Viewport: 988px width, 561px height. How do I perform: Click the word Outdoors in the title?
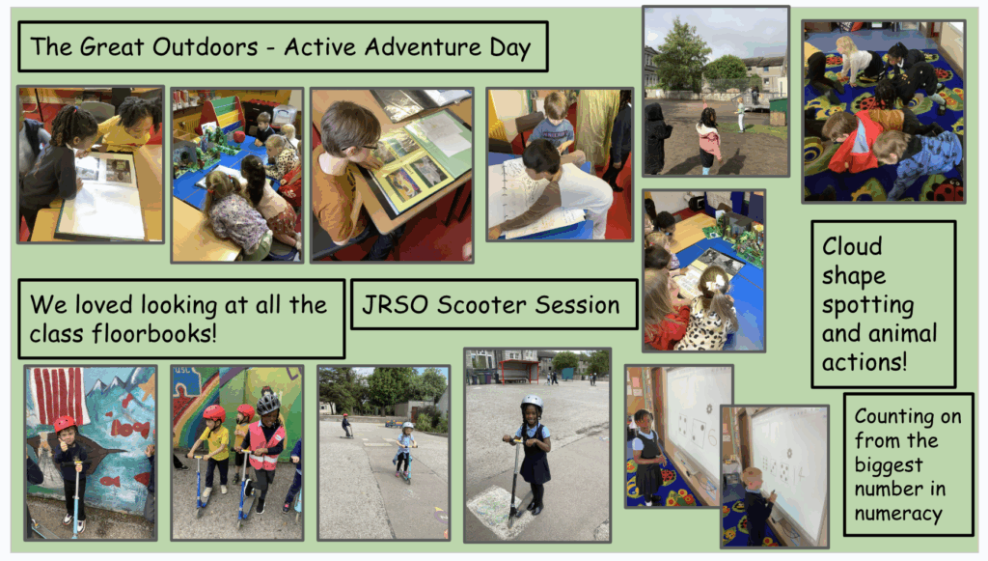pyautogui.click(x=206, y=47)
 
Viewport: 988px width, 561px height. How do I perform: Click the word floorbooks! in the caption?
pyautogui.click(x=154, y=333)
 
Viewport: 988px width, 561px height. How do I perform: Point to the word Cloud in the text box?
pyautogui.click(x=852, y=246)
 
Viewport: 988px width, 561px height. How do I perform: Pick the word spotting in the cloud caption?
pyautogui.click(x=867, y=306)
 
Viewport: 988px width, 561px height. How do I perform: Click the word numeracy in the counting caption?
pyautogui.click(x=898, y=514)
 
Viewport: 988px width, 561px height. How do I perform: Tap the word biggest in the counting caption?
pyautogui.click(x=889, y=465)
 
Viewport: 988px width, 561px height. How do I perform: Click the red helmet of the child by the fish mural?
pyautogui.click(x=65, y=424)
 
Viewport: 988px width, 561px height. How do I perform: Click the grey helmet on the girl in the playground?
pyautogui.click(x=532, y=402)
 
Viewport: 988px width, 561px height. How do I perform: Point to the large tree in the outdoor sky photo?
pyautogui.click(x=679, y=55)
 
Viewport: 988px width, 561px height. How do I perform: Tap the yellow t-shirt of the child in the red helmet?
pyautogui.click(x=215, y=444)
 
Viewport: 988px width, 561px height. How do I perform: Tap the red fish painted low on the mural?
pyautogui.click(x=109, y=482)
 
